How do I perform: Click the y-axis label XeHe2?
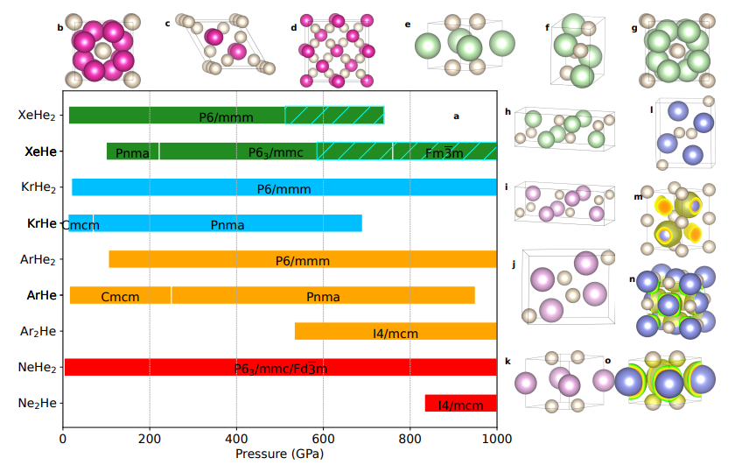37,116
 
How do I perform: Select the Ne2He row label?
37,403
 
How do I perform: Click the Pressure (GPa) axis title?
279,454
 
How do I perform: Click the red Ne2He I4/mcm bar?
460,404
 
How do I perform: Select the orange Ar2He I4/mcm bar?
395,332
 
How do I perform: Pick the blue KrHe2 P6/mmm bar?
283,187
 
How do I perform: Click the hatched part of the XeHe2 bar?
334,116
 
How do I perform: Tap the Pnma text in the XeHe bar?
132,152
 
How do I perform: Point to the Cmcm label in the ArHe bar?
120,296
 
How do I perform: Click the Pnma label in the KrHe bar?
227,224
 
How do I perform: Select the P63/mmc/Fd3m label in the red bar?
280,368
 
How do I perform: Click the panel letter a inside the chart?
456,116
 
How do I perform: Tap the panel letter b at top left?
59,28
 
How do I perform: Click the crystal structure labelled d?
340,51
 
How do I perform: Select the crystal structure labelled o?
669,384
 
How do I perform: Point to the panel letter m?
638,197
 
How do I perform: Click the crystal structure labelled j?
565,285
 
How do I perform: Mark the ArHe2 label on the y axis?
37,259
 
